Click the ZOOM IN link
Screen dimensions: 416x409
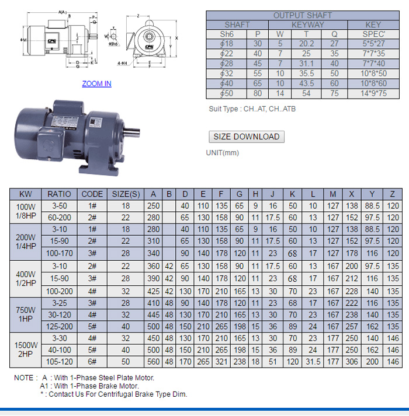click(96, 83)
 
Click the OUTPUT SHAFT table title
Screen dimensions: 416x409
click(303, 15)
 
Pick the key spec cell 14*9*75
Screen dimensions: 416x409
click(374, 93)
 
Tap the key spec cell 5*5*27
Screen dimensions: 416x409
click(374, 43)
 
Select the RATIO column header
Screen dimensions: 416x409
click(59, 194)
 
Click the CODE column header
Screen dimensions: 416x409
click(92, 194)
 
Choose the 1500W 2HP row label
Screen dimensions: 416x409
click(26, 349)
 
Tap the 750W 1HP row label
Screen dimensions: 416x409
click(26, 315)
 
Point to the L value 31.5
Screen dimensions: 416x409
click(313, 362)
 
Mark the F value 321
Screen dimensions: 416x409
click(221, 362)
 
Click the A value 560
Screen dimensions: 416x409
click(154, 362)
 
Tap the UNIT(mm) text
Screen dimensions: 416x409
click(222, 153)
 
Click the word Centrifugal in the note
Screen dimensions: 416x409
click(120, 394)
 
